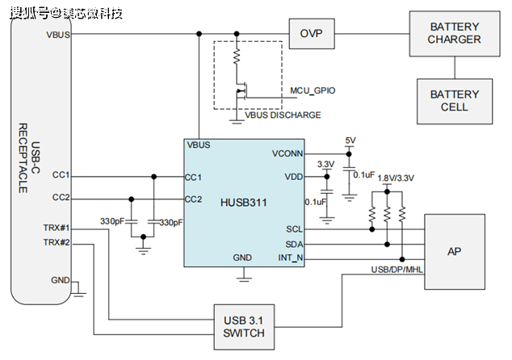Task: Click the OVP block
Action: (312, 34)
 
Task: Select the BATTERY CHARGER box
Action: (455, 34)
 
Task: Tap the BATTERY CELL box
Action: (455, 101)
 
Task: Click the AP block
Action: (455, 252)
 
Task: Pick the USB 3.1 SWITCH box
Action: (244, 327)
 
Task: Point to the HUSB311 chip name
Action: (244, 203)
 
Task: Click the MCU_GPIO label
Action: (313, 90)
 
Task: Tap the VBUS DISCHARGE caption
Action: (283, 115)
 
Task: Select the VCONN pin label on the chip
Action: (287, 153)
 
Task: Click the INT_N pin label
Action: (290, 257)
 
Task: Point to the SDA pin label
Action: (294, 244)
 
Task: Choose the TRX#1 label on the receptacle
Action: (57, 228)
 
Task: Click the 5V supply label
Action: (350, 140)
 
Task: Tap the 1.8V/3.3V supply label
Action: (396, 178)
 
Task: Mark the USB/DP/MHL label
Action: (397, 270)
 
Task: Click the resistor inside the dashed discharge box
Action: (237, 57)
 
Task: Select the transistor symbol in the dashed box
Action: (241, 90)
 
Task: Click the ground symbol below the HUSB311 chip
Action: (244, 278)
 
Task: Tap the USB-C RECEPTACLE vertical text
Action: (29, 158)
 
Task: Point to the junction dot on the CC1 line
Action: (153, 177)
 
